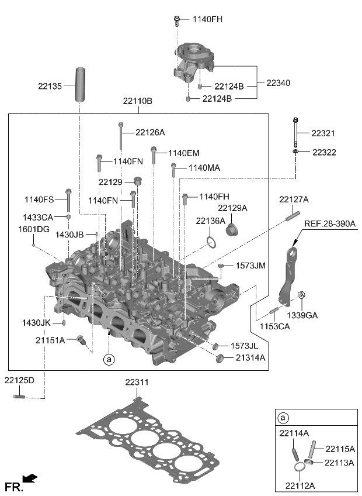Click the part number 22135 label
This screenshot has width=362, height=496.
pos(49,86)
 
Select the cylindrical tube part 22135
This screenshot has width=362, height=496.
pos(79,84)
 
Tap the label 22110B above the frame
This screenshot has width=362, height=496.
pos(137,101)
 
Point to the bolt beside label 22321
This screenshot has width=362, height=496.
pos(297,133)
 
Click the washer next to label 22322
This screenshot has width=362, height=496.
pos(297,152)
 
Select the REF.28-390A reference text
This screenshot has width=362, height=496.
pos(329,223)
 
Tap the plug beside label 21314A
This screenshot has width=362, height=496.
pos(221,358)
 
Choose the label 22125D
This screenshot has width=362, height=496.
pos(19,380)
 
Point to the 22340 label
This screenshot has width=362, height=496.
pos(278,83)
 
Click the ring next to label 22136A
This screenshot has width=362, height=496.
pos(211,242)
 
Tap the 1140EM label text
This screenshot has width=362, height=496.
pos(183,153)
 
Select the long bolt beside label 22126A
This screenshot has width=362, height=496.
pos(121,136)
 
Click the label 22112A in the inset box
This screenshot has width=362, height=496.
pos(301,484)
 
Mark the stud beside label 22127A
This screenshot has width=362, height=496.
pos(292,216)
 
